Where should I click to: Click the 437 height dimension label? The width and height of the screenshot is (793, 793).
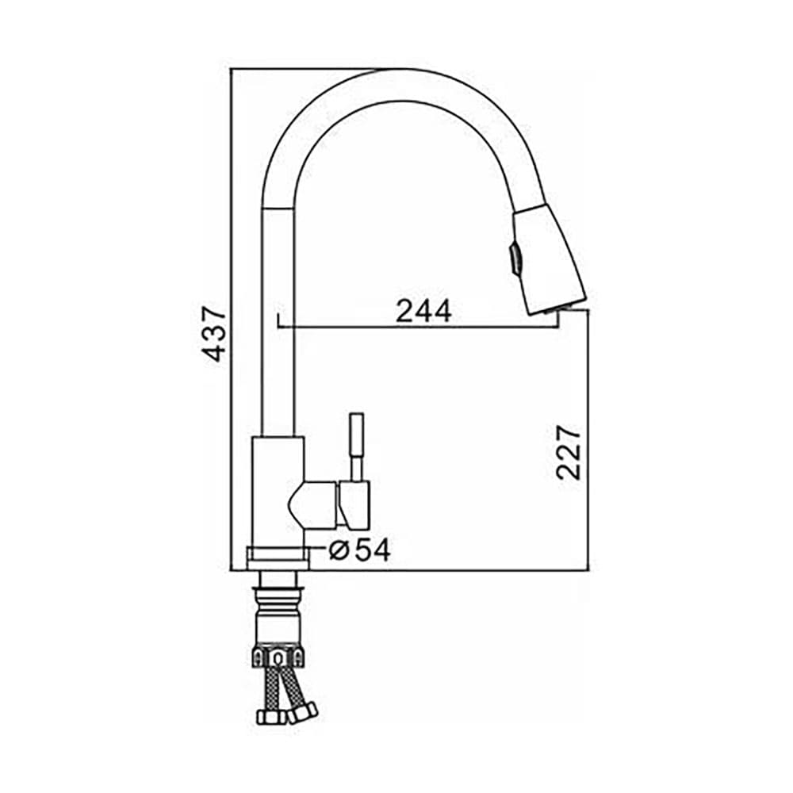[x=213, y=334]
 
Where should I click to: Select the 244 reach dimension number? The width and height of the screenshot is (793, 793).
[x=423, y=311]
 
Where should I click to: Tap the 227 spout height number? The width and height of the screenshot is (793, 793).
[x=568, y=453]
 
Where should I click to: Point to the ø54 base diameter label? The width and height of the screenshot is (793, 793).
[x=359, y=550]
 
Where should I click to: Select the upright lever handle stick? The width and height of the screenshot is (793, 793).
[x=357, y=446]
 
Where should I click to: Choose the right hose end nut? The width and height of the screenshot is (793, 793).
[x=302, y=712]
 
